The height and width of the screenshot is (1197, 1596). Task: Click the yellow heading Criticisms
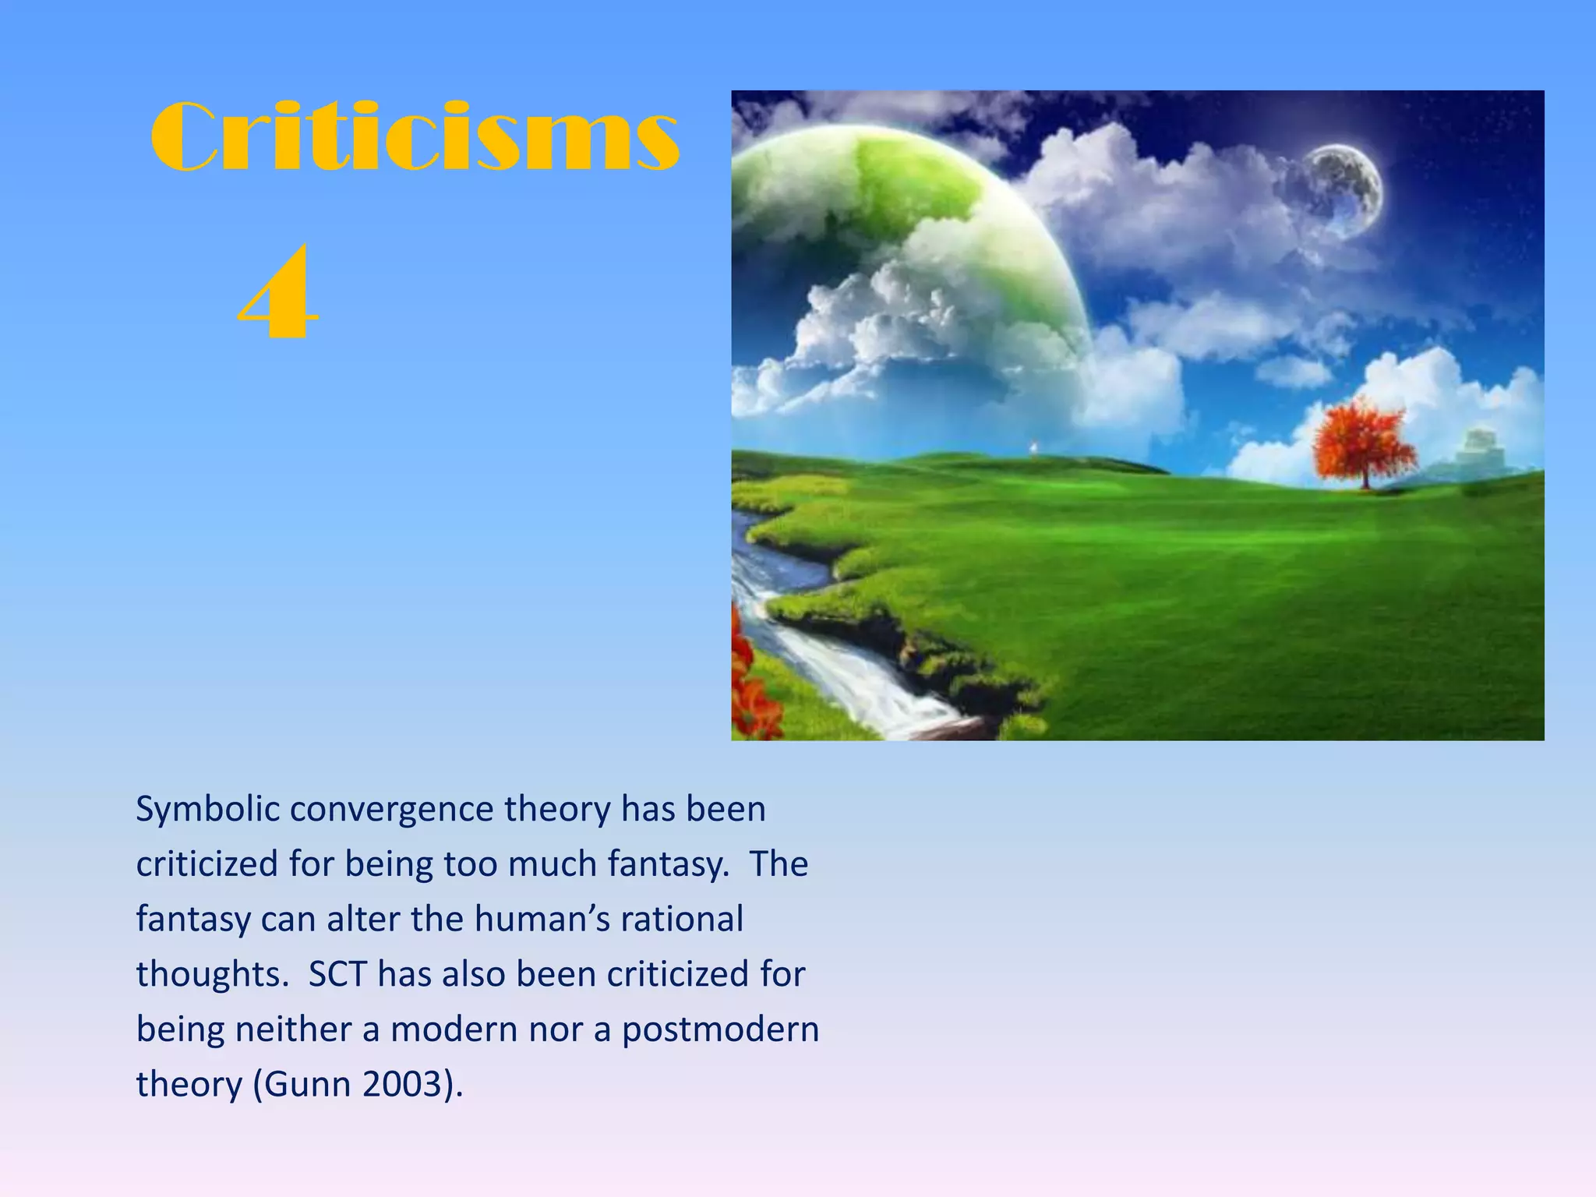415,137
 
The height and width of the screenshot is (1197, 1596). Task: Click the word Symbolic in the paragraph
207,810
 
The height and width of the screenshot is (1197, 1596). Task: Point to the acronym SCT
337,975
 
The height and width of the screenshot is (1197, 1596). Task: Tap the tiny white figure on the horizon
1034,447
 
